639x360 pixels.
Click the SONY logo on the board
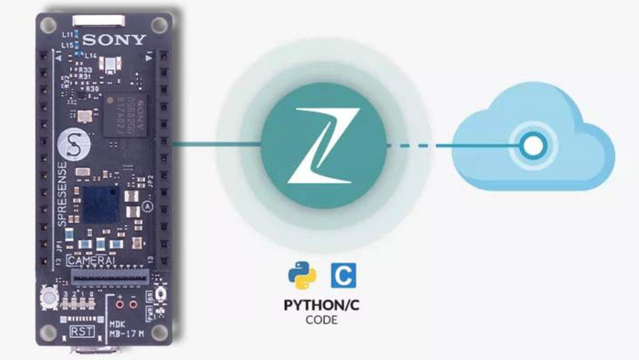coord(114,39)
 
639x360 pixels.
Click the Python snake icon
coord(302,275)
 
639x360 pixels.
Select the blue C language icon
coord(343,275)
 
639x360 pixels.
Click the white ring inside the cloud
coord(531,145)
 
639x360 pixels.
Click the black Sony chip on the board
coord(125,115)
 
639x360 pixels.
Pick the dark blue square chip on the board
coord(101,205)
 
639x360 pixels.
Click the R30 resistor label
coord(92,89)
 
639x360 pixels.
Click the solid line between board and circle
coord(215,144)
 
